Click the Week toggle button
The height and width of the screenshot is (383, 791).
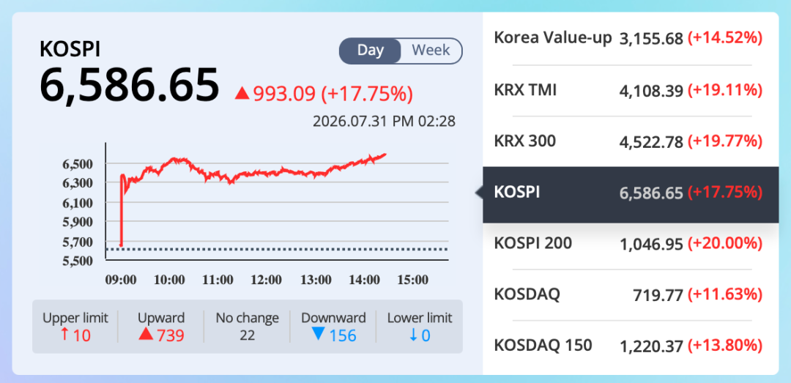tap(431, 51)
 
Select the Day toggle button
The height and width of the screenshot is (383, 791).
tap(371, 51)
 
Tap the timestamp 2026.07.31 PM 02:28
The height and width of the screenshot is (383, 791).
tap(384, 122)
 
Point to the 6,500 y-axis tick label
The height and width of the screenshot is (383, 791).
tap(78, 164)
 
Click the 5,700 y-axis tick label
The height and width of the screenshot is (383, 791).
tap(78, 242)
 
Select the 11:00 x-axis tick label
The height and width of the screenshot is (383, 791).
tap(218, 280)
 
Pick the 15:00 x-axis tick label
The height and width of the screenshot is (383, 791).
tap(413, 280)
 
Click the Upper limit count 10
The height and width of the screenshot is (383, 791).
tap(82, 335)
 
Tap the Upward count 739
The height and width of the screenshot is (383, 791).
tap(171, 335)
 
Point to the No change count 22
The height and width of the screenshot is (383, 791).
tap(248, 335)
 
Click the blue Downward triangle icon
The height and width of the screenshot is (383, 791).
tap(318, 333)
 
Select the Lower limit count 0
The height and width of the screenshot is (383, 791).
tap(426, 335)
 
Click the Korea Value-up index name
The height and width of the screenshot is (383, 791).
tap(553, 38)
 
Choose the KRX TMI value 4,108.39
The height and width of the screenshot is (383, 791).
tap(651, 91)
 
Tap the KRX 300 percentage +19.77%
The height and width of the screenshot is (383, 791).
tap(725, 141)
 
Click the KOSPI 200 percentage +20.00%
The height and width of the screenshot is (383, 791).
tap(725, 245)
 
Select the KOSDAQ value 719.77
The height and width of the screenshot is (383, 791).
tap(658, 295)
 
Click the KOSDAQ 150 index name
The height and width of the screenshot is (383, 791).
tap(543, 346)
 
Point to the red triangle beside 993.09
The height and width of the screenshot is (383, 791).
tap(242, 93)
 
